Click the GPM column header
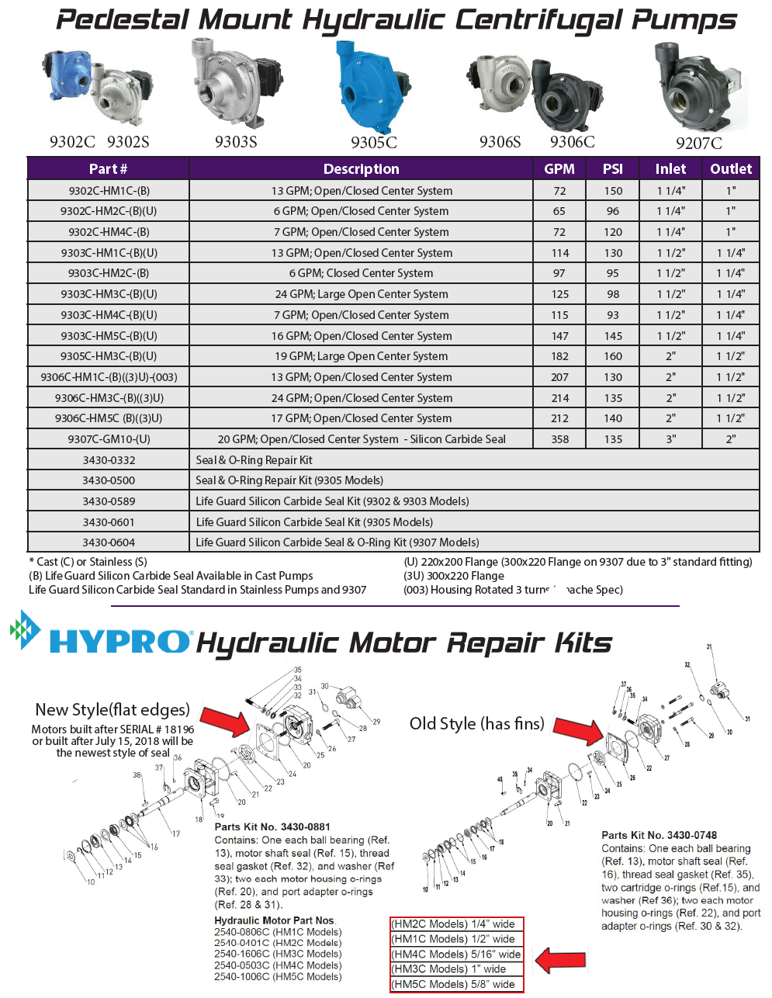[x=559, y=168]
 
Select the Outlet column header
[x=731, y=168]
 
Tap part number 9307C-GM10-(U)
[x=109, y=439]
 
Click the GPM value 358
[x=559, y=439]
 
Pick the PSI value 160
[x=613, y=356]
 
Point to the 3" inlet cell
[x=670, y=439]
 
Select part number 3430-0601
[x=109, y=522]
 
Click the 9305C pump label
[x=373, y=143]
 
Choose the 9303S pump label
[x=236, y=141]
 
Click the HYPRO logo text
[x=119, y=642]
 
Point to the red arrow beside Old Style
[x=577, y=730]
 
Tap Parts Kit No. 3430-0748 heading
[x=659, y=835]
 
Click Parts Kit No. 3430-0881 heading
[x=272, y=826]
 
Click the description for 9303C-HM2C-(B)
[x=361, y=273]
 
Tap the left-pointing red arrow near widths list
[x=560, y=960]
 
